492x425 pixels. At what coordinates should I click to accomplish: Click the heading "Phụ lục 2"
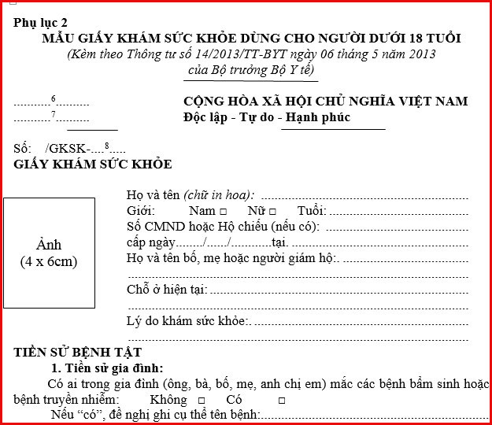click(x=41, y=22)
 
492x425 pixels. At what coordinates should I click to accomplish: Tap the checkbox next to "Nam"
click(x=224, y=212)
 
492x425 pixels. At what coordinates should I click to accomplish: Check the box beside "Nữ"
click(x=272, y=212)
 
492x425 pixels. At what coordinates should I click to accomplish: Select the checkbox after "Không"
click(x=201, y=400)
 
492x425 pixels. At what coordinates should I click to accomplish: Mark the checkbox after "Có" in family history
click(x=281, y=400)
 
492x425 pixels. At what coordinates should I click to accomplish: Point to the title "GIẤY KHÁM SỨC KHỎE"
click(x=93, y=164)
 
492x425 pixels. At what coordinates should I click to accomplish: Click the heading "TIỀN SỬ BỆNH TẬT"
click(x=78, y=353)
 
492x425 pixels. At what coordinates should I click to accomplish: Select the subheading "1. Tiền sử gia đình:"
click(x=107, y=368)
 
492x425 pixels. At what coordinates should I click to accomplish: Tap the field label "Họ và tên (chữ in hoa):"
click(x=190, y=195)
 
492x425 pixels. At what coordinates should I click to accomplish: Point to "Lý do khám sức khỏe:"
click(x=187, y=321)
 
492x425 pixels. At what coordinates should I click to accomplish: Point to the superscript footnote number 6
click(x=53, y=98)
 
